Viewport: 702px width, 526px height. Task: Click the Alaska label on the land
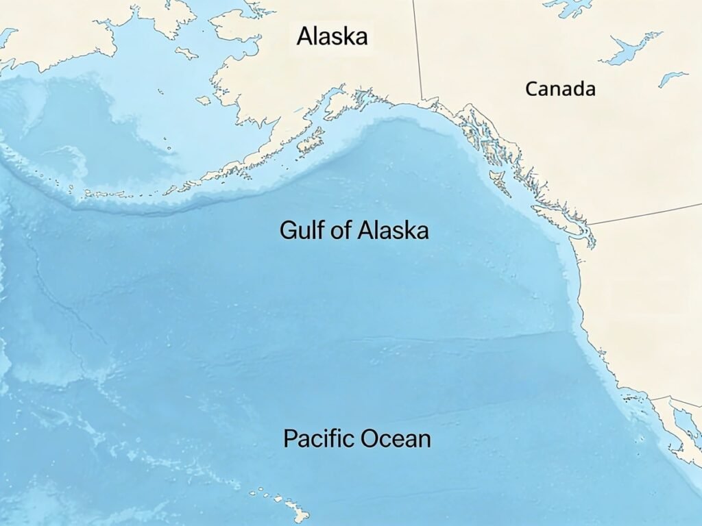point(332,36)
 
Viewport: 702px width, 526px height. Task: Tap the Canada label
point(560,88)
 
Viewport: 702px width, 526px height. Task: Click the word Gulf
point(300,229)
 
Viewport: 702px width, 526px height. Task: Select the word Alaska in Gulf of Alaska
point(392,229)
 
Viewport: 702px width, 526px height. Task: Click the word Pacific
point(319,438)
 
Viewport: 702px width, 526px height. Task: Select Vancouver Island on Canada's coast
point(554,214)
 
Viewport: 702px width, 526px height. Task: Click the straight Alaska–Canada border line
point(417,48)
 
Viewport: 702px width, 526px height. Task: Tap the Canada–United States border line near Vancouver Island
point(644,214)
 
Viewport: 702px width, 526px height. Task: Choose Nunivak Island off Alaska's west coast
point(203,100)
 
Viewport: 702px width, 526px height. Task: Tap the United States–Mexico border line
point(675,401)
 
